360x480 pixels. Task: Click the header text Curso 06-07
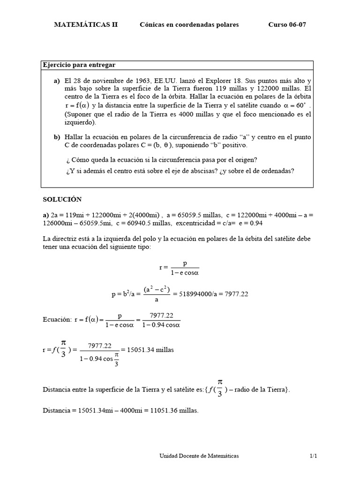tap(287, 25)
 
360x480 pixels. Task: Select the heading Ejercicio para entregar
tap(79, 65)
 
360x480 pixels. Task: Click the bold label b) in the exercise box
tap(57, 137)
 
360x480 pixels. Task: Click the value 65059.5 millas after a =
tap(186, 214)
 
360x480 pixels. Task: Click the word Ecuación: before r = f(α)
tap(57, 320)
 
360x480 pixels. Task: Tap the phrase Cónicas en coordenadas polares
tap(189, 25)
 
